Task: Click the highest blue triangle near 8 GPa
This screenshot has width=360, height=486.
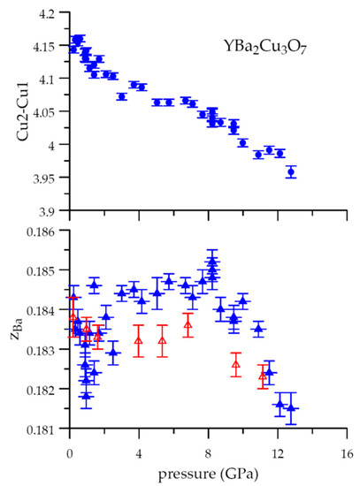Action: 212,260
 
